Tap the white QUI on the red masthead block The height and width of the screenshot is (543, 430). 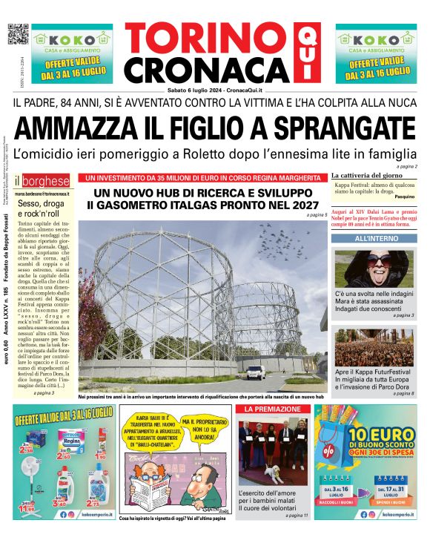pos(305,52)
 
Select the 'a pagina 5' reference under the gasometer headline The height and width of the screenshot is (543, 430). pos(316,215)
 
